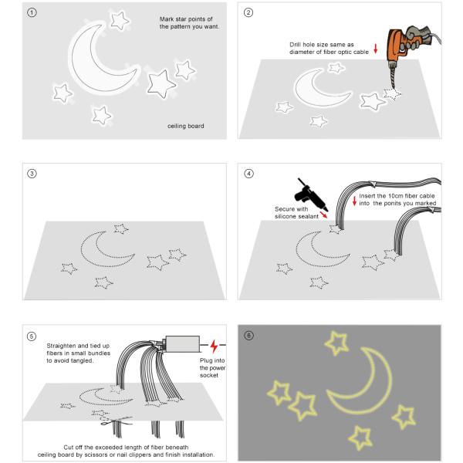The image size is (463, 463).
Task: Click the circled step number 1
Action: [x=32, y=12]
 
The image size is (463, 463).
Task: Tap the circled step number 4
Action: [x=248, y=174]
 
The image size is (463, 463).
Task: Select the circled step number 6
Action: [x=248, y=336]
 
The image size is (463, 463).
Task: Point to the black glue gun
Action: [x=309, y=195]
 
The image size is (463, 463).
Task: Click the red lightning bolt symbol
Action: [x=214, y=346]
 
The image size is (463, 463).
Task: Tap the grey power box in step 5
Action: [x=182, y=344]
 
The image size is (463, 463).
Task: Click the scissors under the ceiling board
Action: [x=117, y=421]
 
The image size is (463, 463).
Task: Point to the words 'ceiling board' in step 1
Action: [x=186, y=126]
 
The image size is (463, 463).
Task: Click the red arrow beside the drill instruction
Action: [x=376, y=49]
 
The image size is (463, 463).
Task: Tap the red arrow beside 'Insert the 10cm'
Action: [x=355, y=201]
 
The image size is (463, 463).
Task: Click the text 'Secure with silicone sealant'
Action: [x=296, y=213]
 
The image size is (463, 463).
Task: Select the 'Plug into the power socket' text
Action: [x=213, y=368]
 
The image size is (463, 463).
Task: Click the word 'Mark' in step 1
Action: [x=167, y=19]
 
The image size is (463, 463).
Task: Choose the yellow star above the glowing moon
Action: [x=336, y=343]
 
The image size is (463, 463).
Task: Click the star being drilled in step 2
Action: [x=392, y=93]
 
